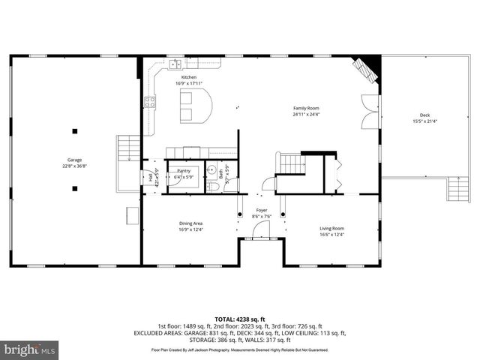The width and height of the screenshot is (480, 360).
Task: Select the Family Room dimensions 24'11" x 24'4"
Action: [306, 114]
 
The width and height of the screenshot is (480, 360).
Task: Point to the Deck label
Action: [424, 115]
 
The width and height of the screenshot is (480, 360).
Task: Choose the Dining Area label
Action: [190, 223]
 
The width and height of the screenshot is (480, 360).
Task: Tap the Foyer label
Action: [262, 211]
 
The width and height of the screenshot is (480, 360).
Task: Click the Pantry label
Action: [184, 170]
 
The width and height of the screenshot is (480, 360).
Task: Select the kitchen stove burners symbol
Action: [150, 103]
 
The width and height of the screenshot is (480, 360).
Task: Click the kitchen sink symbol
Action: [174, 63]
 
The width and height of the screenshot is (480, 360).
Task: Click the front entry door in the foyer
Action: [262, 238]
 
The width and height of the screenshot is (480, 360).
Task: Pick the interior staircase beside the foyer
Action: [290, 163]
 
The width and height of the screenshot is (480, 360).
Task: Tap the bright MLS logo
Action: [30, 349]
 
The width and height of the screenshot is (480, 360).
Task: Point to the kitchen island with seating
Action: [193, 106]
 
